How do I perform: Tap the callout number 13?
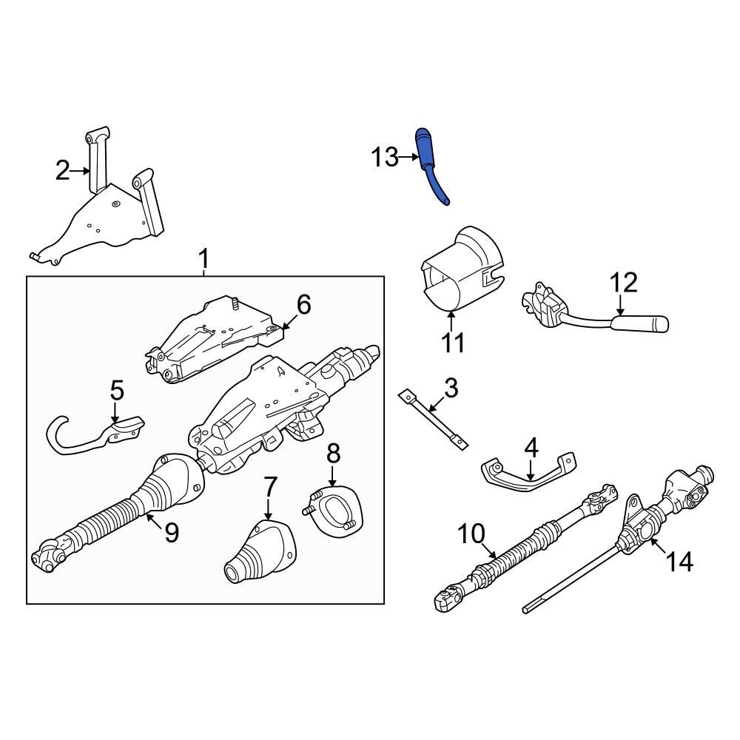(x=384, y=158)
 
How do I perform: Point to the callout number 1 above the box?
(x=204, y=259)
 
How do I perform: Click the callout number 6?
(x=304, y=303)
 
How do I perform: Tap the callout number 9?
(x=171, y=533)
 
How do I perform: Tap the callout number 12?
(x=623, y=283)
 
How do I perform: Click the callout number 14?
(x=679, y=562)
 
